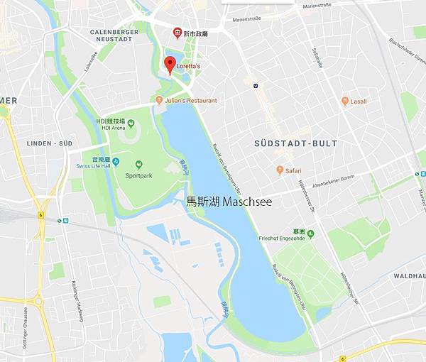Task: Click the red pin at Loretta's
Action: pos(170,65)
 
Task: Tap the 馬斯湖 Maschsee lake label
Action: pos(229,202)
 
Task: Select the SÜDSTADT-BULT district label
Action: pos(295,143)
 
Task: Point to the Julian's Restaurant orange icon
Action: pos(159,101)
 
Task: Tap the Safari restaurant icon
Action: pos(280,170)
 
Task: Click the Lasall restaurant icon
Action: pos(345,102)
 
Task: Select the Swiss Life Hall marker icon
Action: pos(115,162)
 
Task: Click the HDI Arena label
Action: pos(113,128)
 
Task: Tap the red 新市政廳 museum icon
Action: pos(177,33)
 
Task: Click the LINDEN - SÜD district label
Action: pos(49,143)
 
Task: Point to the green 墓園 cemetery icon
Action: pos(310,232)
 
